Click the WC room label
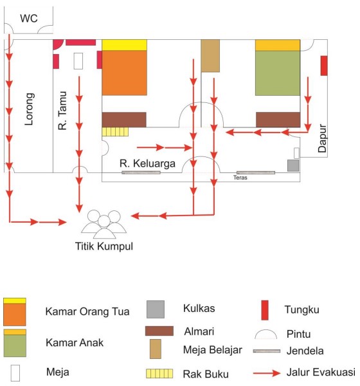point(29,18)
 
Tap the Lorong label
point(30,109)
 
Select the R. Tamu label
point(62,111)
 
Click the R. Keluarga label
point(147,163)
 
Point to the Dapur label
point(322,138)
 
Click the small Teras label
point(240,178)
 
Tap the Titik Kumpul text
point(104,246)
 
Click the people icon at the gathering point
point(104,225)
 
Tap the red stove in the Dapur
point(324,66)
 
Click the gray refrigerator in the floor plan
point(293,165)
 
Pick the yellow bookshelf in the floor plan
point(115,132)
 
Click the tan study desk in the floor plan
point(210,55)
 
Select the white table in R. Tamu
point(78,61)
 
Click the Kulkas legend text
point(199,308)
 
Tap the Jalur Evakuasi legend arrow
point(267,373)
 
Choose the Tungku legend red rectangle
point(265,310)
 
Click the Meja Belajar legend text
point(213,350)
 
